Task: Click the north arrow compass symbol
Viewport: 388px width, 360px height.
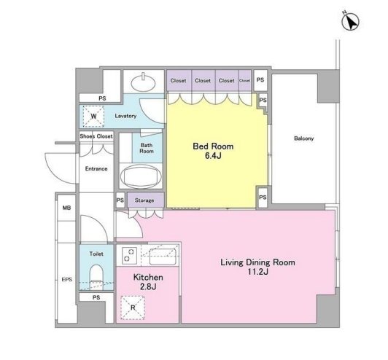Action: coord(350,21)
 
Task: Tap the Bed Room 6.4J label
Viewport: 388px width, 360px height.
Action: coord(213,151)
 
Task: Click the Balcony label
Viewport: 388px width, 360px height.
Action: coord(303,138)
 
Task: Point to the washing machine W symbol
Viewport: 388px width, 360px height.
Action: coord(93,116)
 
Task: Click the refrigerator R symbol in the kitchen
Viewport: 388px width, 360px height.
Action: coord(133,308)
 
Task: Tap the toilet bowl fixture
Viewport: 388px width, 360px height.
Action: coord(96,277)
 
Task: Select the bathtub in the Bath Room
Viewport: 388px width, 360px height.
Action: coord(141,176)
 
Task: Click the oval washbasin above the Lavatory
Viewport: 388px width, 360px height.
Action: coord(143,82)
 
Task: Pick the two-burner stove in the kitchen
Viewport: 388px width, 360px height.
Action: coord(128,255)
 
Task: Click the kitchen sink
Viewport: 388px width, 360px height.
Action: coord(163,257)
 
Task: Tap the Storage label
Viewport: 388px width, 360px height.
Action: coord(144,200)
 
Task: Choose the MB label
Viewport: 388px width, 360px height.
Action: coord(66,208)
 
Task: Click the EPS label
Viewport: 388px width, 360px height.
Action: coord(67,280)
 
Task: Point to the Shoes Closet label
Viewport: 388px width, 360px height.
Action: coord(96,136)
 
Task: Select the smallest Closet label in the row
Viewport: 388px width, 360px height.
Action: coord(245,81)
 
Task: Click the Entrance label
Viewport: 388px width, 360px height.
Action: coord(96,169)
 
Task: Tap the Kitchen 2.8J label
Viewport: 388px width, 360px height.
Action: coord(148,282)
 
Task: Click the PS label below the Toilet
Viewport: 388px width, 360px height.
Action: coord(96,297)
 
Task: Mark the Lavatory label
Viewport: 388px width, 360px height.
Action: coord(125,116)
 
